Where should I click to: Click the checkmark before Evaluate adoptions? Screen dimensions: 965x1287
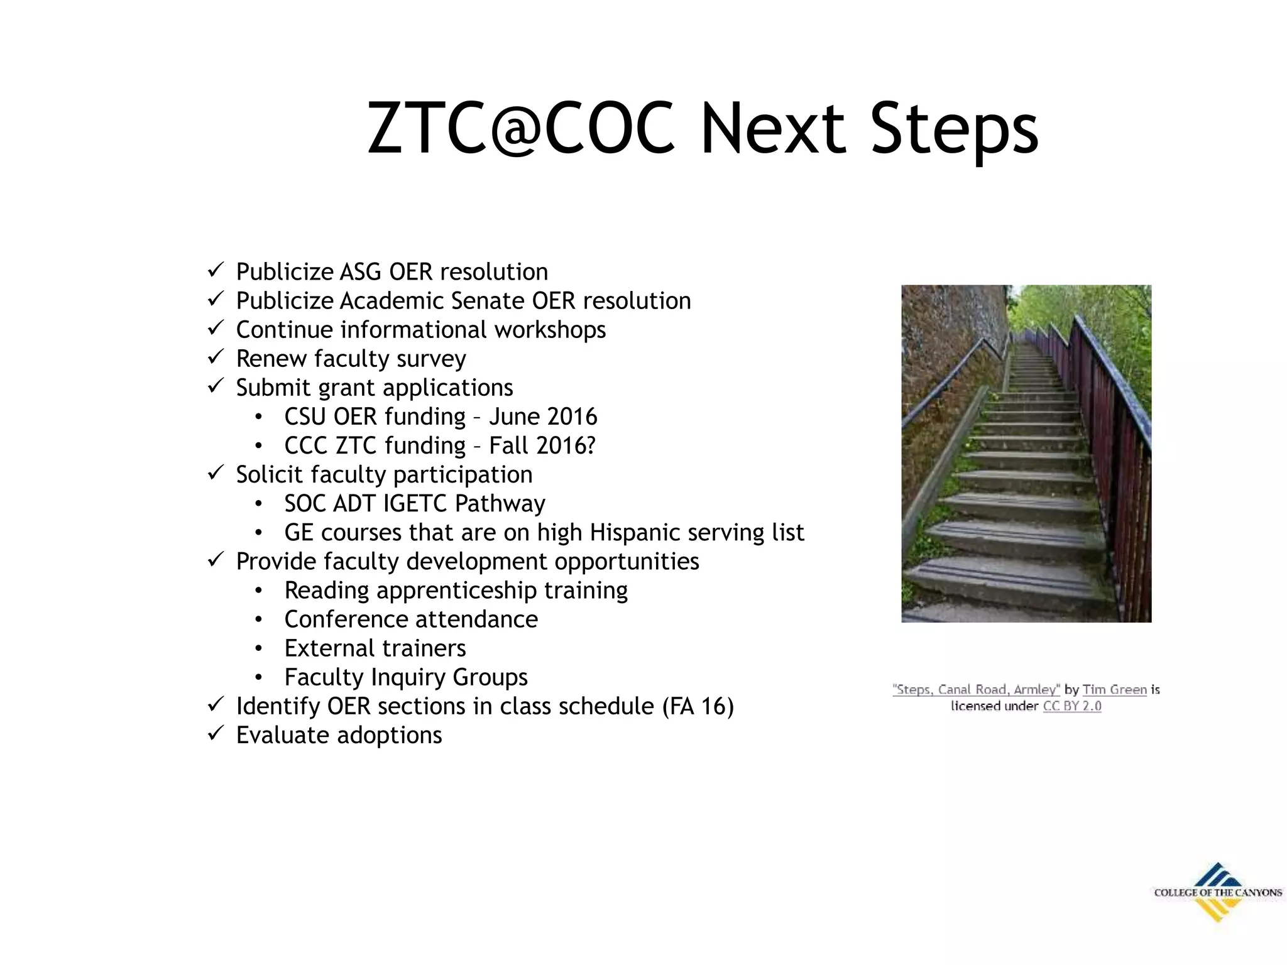pyautogui.click(x=216, y=733)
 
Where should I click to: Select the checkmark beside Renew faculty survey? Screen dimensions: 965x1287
pyautogui.click(x=216, y=356)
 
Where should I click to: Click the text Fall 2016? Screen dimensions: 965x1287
pyautogui.click(x=542, y=445)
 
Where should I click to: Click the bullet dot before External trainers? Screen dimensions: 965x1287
pyautogui.click(x=258, y=648)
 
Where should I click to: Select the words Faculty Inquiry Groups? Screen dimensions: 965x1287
pyautogui.click(x=406, y=677)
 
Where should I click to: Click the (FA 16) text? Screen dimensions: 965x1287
pyautogui.click(x=698, y=706)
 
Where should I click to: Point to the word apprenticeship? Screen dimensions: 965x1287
pyautogui.click(x=457, y=591)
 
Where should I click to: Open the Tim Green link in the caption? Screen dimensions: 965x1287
pyautogui.click(x=1114, y=690)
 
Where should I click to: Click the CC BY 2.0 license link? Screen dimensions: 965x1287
pyautogui.click(x=1072, y=706)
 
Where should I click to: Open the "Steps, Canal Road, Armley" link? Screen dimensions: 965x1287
pyautogui.click(x=976, y=690)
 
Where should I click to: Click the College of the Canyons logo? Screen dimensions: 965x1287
pyautogui.click(x=1217, y=892)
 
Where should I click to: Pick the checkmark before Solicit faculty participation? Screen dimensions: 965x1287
pyautogui.click(x=216, y=472)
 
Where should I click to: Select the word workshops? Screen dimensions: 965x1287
pyautogui.click(x=550, y=330)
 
